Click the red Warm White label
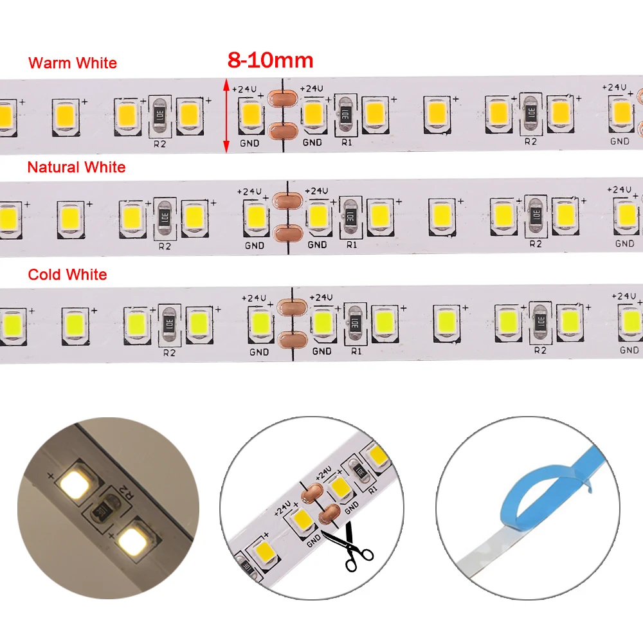(73, 63)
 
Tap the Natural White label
(77, 167)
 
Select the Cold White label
(68, 275)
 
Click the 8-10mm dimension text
(270, 60)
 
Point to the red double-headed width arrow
(226, 116)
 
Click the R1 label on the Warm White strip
(347, 142)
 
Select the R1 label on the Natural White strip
(352, 244)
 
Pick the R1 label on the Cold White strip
(356, 351)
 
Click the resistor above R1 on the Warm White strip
(345, 114)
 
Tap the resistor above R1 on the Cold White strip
(354, 319)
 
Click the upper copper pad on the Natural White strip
(285, 201)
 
